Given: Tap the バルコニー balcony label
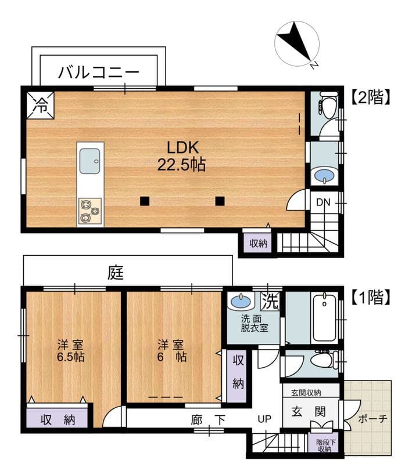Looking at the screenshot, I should [x=98, y=72].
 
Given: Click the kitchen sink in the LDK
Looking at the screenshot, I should [x=90, y=160].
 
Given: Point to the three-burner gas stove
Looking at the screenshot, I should [x=89, y=211].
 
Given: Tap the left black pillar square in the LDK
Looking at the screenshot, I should [x=144, y=201].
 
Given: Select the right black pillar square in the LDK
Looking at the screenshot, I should [x=220, y=201].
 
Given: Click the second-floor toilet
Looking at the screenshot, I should [x=328, y=110].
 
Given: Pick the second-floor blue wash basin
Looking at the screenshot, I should [x=324, y=175].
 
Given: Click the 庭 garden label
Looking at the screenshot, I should [x=114, y=272].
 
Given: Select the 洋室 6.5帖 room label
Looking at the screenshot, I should [x=70, y=350].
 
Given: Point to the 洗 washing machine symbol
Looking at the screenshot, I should [x=269, y=302].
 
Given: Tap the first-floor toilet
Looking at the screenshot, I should [x=322, y=360].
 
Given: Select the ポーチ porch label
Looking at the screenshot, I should [x=372, y=419].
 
